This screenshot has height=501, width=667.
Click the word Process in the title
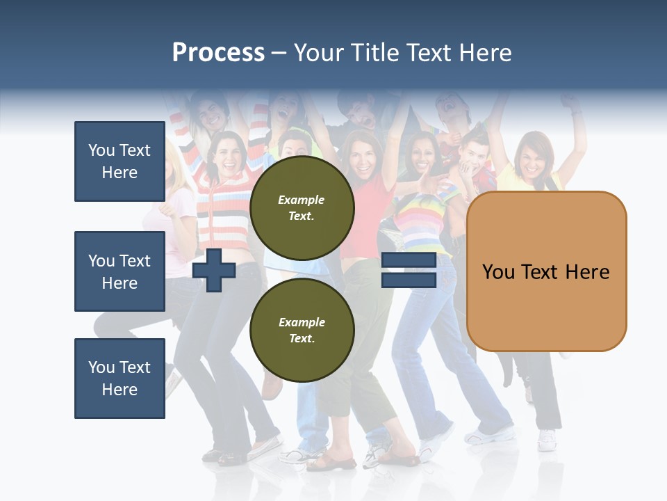[218, 53]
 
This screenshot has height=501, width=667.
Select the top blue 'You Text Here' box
[120, 161]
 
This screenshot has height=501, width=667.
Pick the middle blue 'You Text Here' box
[120, 271]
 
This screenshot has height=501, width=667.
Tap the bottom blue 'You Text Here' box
[120, 379]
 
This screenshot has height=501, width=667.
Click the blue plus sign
[214, 271]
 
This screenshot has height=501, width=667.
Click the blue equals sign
[409, 271]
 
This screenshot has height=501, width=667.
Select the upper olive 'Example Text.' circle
[302, 208]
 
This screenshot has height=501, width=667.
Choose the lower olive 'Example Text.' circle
[302, 331]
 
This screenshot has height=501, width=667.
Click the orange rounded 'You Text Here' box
[546, 271]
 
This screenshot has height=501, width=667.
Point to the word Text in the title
[429, 53]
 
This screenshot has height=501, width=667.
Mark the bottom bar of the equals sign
[409, 280]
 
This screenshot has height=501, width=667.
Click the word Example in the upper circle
[302, 200]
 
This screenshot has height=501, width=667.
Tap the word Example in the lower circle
[302, 322]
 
